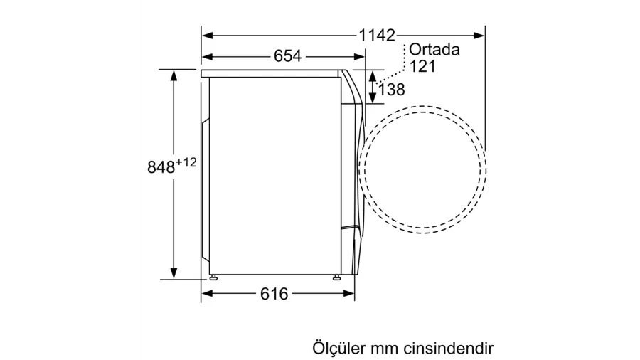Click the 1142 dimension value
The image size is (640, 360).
(377, 36)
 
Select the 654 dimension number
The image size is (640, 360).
(288, 56)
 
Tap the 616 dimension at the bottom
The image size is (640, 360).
(274, 293)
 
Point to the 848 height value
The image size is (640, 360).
(161, 167)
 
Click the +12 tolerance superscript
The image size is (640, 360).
(186, 162)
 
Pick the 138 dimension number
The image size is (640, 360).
(391, 90)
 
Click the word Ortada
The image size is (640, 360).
(434, 49)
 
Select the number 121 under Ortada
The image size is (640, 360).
(422, 66)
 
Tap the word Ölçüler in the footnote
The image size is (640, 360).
(338, 348)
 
